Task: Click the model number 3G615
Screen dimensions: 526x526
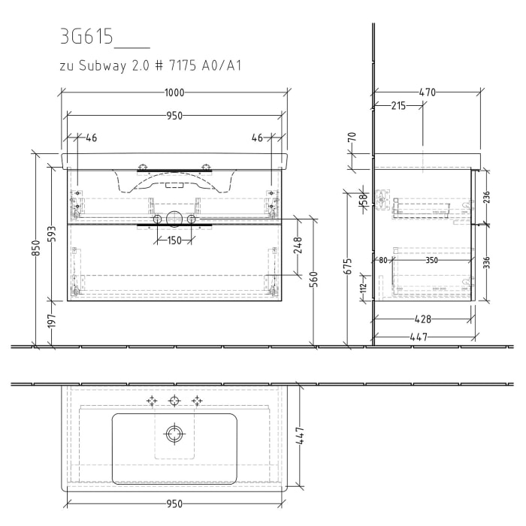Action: (86, 38)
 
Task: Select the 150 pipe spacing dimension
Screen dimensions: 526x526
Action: (174, 240)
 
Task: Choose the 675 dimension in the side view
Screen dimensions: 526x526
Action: (347, 267)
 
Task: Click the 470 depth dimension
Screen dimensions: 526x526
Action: (427, 92)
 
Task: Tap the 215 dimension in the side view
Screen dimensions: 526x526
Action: (398, 106)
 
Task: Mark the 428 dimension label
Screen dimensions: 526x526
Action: (425, 319)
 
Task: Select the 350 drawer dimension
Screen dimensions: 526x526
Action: (431, 261)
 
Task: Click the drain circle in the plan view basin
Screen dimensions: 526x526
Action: (174, 434)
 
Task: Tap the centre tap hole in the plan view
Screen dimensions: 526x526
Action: (174, 401)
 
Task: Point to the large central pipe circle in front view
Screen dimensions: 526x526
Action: (174, 219)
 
